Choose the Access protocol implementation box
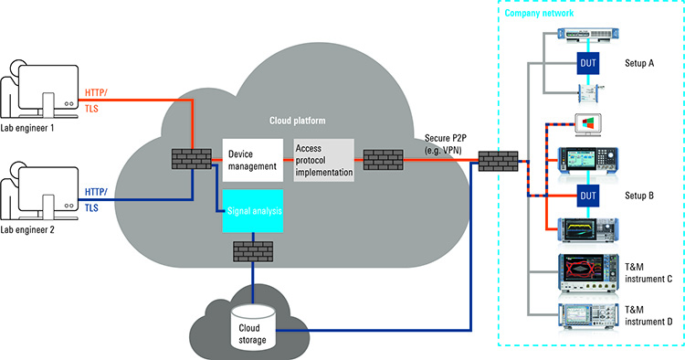pyautogui.click(x=321, y=160)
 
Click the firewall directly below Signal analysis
pyautogui.click(x=253, y=249)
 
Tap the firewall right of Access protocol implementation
pyautogui.click(x=383, y=160)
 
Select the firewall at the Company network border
pyautogui.click(x=494, y=161)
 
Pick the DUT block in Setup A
pyautogui.click(x=587, y=63)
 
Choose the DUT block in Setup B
pyautogui.click(x=587, y=195)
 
